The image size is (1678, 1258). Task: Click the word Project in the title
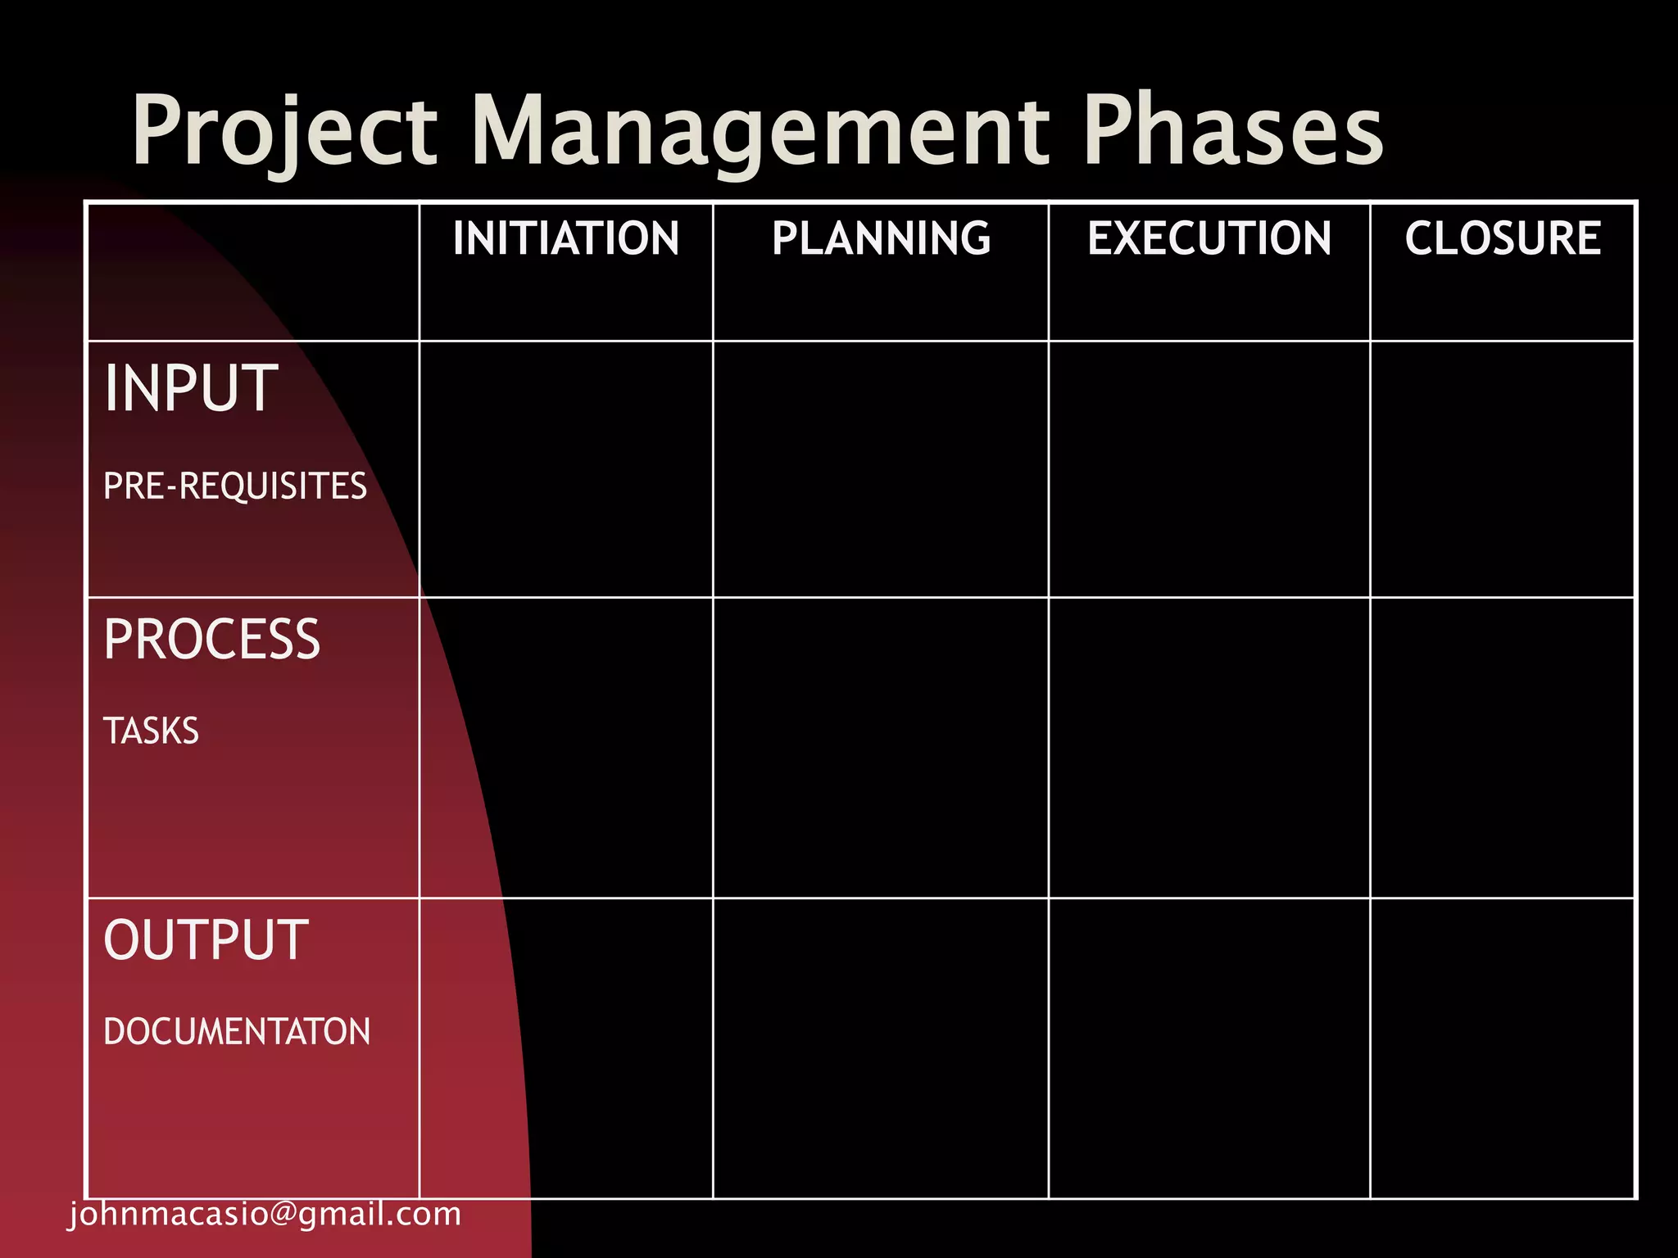(284, 131)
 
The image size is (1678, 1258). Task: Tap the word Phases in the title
(1232, 131)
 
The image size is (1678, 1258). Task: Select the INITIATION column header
(565, 238)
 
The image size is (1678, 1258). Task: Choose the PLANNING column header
(881, 238)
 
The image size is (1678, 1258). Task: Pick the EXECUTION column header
(1209, 238)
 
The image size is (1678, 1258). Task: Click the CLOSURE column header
(1503, 238)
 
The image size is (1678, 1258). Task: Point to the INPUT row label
(191, 388)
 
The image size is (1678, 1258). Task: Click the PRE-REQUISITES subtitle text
(235, 486)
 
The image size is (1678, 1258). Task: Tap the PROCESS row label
(212, 640)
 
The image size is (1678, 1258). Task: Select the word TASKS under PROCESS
(152, 731)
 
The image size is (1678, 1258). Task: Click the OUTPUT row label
(206, 939)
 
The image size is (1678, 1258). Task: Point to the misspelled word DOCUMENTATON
(237, 1032)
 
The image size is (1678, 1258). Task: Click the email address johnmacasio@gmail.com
(265, 1214)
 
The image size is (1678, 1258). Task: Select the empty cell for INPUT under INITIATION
(565, 469)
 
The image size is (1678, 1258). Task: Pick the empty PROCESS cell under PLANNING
(881, 748)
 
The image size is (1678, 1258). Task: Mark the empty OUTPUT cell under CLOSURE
(1503, 1048)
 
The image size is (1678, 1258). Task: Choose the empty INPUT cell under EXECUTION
(1209, 469)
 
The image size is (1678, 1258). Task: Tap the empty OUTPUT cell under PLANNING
(881, 1048)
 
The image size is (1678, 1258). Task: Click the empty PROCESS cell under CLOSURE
(1503, 748)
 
